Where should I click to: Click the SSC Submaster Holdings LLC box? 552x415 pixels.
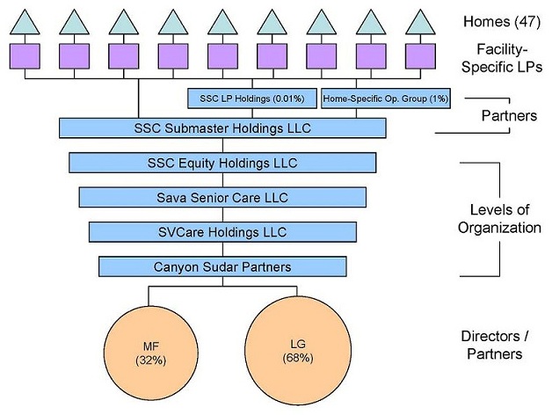click(x=223, y=128)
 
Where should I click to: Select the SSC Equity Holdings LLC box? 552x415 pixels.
click(x=222, y=163)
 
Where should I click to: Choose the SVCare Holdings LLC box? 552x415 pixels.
click(x=222, y=231)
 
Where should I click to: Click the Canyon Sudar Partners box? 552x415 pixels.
click(x=222, y=266)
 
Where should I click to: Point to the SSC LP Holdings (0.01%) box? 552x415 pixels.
click(x=253, y=98)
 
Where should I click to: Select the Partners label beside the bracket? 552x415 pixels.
click(x=504, y=115)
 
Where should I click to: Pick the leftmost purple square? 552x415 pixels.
click(x=25, y=55)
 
